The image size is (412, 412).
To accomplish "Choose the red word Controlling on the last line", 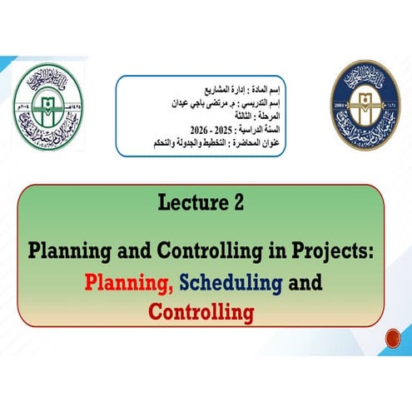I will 201,313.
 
